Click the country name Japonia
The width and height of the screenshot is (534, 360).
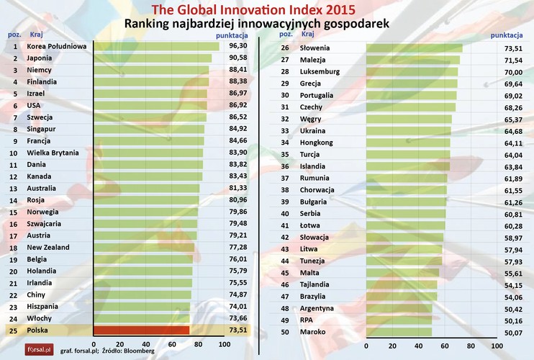click(39, 58)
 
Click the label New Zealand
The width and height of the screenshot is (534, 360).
click(48, 247)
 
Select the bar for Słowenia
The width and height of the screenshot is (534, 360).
click(414, 48)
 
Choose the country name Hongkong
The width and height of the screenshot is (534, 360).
click(316, 143)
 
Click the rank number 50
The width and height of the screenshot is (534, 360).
click(284, 332)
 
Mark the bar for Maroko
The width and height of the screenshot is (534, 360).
click(399, 332)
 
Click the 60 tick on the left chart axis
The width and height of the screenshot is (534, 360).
click(173, 344)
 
